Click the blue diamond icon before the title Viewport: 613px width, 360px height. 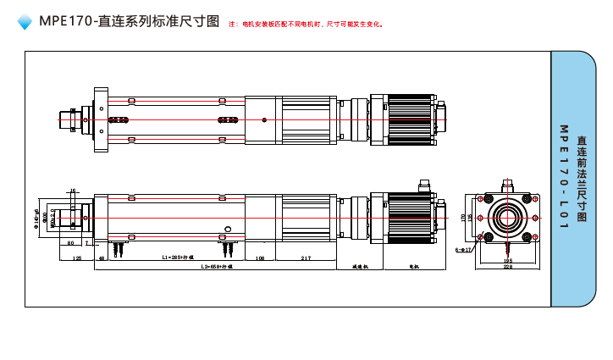25,22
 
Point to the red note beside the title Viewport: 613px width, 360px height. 306,24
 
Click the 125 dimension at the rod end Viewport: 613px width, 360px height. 77,256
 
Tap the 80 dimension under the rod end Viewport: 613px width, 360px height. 70,242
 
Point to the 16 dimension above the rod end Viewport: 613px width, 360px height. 73,191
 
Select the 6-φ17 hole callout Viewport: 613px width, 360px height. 463,250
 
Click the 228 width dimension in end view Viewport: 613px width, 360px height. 507,266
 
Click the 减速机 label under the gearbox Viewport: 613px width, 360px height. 360,266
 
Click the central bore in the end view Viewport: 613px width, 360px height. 508,218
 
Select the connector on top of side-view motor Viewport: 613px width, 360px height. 425,184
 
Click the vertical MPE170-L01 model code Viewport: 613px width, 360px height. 563,176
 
